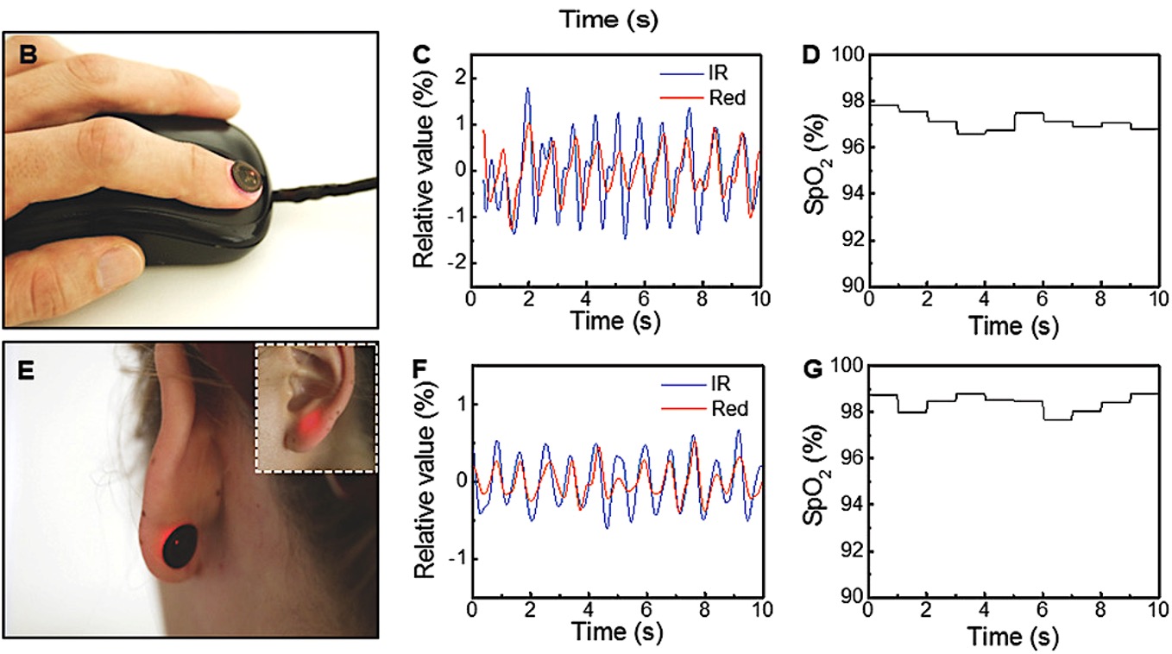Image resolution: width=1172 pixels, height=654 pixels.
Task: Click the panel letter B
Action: (28, 53)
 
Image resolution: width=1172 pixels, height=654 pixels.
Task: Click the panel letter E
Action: (26, 370)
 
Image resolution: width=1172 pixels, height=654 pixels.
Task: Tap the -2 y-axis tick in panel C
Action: (457, 263)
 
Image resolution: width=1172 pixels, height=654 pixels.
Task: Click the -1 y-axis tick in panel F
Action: (457, 559)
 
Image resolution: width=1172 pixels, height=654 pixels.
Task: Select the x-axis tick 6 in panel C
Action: (644, 299)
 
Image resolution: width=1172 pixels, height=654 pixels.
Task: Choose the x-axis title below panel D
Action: (1013, 326)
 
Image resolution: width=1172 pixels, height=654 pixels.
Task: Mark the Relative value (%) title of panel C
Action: (424, 169)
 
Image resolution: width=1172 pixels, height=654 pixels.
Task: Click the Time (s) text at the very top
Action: (608, 20)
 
